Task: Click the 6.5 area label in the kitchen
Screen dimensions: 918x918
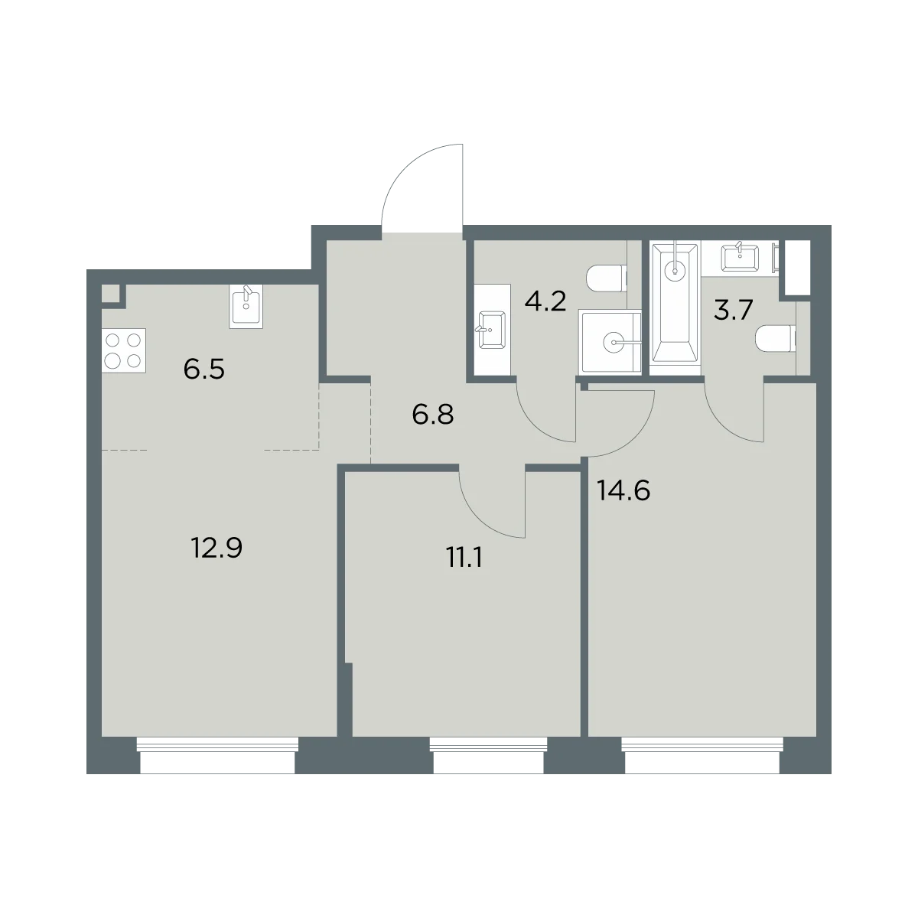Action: click(x=204, y=369)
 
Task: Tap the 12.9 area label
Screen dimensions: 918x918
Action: click(x=216, y=548)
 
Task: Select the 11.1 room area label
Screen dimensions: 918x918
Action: click(x=464, y=558)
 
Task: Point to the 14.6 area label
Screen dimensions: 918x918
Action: click(x=623, y=490)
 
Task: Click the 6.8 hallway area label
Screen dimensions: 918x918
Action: click(x=432, y=415)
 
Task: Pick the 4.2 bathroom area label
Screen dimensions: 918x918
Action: click(x=545, y=301)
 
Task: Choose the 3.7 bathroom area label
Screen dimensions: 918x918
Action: click(x=733, y=311)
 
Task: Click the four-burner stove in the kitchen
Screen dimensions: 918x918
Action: click(x=123, y=350)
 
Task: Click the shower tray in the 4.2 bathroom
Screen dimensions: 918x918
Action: click(x=610, y=342)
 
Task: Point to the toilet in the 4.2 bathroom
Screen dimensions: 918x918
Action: click(x=606, y=278)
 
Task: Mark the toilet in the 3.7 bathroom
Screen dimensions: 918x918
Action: click(x=776, y=339)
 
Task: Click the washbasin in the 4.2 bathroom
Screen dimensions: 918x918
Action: click(x=492, y=330)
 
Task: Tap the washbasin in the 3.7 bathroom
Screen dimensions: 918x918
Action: click(x=740, y=258)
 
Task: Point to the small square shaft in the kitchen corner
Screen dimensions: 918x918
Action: click(x=110, y=293)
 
